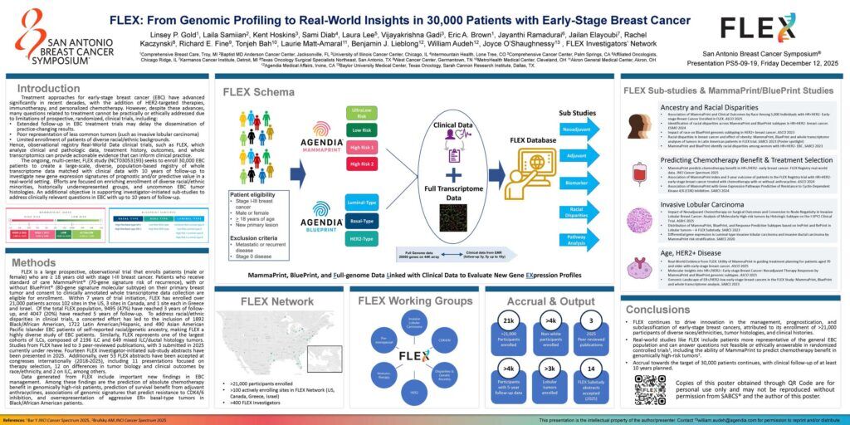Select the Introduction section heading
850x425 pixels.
(49, 88)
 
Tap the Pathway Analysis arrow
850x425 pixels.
(577, 241)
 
